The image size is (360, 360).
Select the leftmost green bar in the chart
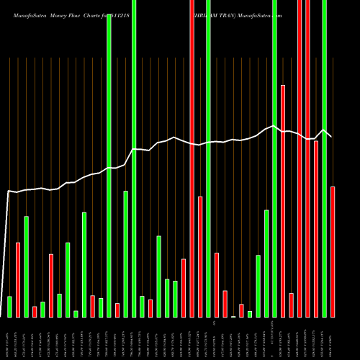(x=9, y=307)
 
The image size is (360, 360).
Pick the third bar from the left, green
(x=27, y=266)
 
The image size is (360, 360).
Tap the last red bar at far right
(x=333, y=252)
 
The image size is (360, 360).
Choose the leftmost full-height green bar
(x=109, y=166)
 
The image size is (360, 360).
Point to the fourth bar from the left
(x=35, y=312)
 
